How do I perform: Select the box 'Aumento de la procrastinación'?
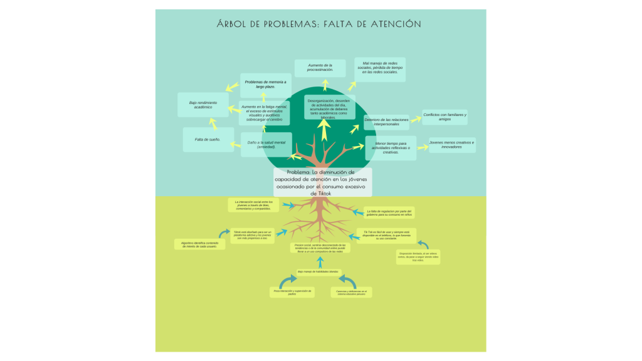(x=320, y=68)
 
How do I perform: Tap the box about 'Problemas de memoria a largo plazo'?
(x=265, y=85)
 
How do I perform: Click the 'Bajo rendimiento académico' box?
(x=203, y=105)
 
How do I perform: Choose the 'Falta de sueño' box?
(x=208, y=139)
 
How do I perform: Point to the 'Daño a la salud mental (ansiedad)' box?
(x=266, y=144)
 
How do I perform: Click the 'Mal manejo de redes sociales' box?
(x=380, y=69)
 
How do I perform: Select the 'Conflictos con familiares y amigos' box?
(x=444, y=117)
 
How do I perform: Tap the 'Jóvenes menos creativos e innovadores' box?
(x=451, y=145)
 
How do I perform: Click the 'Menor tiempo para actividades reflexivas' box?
(x=391, y=147)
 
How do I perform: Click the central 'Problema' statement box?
(x=322, y=182)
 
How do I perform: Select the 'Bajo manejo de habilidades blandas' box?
(x=318, y=271)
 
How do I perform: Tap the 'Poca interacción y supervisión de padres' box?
(x=292, y=293)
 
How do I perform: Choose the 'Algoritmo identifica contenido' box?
(x=199, y=244)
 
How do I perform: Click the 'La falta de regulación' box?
(x=389, y=213)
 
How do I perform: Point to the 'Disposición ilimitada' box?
(x=418, y=257)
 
